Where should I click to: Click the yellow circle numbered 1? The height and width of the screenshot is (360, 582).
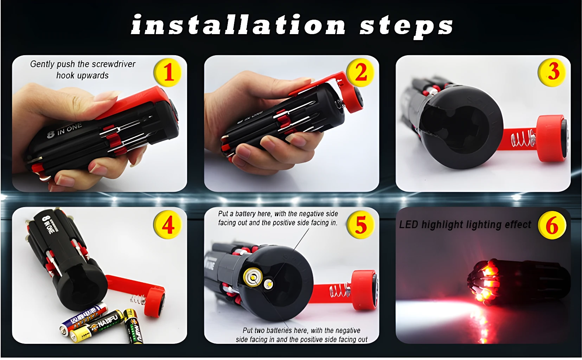(x=168, y=72)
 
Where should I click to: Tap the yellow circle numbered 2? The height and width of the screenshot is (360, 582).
(x=360, y=72)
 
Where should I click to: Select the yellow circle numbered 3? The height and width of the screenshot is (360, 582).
(x=552, y=72)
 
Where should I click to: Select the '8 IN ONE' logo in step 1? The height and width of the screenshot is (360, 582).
(x=65, y=130)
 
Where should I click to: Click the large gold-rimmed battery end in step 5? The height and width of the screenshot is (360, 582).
(x=253, y=277)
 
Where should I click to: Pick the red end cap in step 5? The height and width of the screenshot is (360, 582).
(x=365, y=290)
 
